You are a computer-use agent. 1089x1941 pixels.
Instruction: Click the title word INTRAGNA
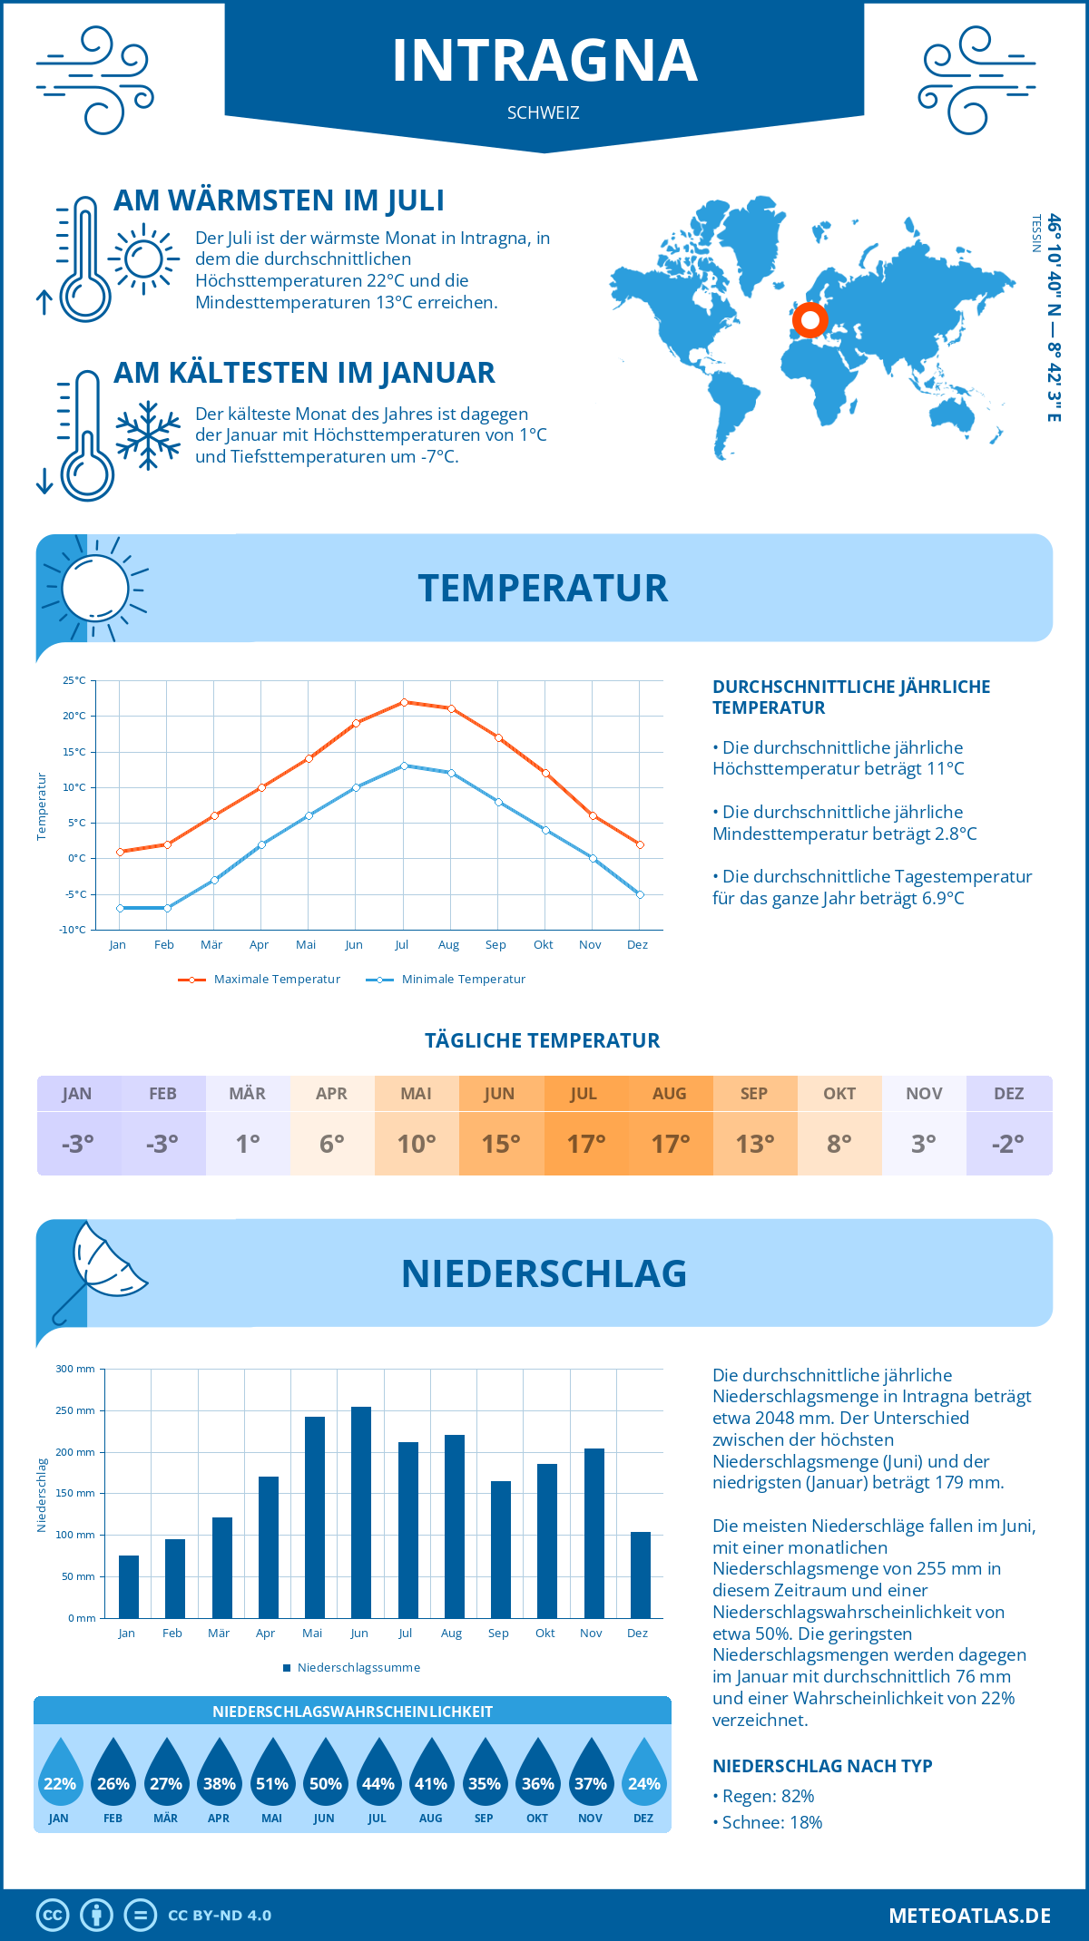point(544,61)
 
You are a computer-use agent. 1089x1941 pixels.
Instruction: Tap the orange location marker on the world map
point(809,319)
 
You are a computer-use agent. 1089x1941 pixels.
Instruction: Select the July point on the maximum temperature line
point(404,702)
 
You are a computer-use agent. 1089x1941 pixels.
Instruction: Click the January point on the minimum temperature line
point(120,908)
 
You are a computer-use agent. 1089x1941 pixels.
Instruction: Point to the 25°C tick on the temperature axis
point(74,680)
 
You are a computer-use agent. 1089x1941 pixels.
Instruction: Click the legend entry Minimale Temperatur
point(463,980)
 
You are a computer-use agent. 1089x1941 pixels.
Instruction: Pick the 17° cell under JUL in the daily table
point(585,1144)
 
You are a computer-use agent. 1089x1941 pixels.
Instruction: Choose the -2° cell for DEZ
point(1008,1144)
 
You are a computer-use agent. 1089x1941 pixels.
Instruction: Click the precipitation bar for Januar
point(129,1586)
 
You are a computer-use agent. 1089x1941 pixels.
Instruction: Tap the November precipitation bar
point(594,1533)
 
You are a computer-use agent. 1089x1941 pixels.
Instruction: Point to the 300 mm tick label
point(75,1369)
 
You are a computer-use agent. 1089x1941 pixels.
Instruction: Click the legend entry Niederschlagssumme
point(358,1668)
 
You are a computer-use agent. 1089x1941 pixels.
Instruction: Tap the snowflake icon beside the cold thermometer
point(148,435)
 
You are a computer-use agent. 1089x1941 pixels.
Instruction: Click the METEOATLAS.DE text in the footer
point(969,1916)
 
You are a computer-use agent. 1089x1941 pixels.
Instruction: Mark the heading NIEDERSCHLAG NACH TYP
point(822,1766)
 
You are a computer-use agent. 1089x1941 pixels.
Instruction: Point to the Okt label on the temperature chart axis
point(543,945)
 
